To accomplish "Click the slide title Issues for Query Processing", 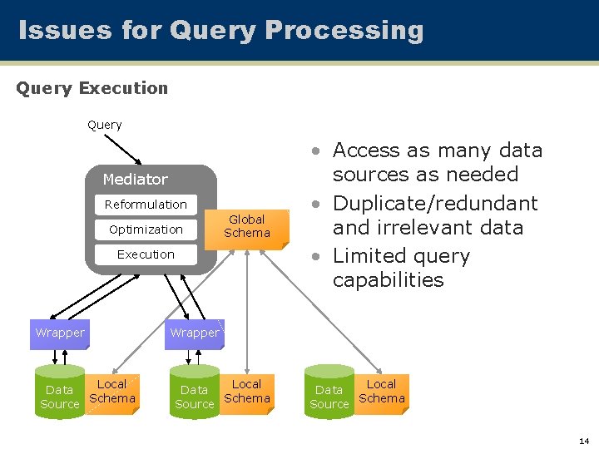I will (220, 31).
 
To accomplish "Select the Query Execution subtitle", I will (92, 88).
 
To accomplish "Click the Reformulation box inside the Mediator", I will (146, 205).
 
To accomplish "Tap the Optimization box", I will (146, 229).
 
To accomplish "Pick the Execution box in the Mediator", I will (146, 254).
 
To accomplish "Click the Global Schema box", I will (247, 226).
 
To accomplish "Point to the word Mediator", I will (135, 180).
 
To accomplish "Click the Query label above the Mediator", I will (105, 125).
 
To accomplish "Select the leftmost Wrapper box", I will (59, 333).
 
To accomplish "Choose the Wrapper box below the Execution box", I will (195, 333).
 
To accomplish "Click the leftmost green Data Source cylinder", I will (60, 392).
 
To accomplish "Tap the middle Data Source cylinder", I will (195, 392).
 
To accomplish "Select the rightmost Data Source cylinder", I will (329, 392).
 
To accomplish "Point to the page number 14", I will (583, 440).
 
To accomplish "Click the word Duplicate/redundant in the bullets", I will (435, 204).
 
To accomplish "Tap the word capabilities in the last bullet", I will (389, 280).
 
